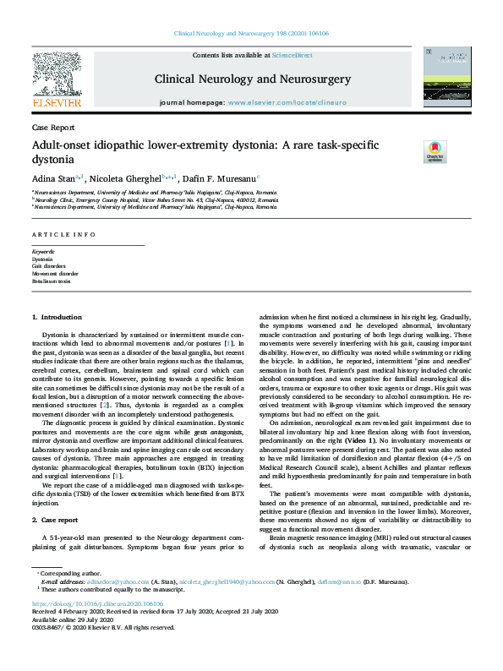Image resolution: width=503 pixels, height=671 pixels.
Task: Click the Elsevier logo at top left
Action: pyautogui.click(x=57, y=81)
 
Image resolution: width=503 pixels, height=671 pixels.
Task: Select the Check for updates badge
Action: pyautogui.click(x=435, y=151)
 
